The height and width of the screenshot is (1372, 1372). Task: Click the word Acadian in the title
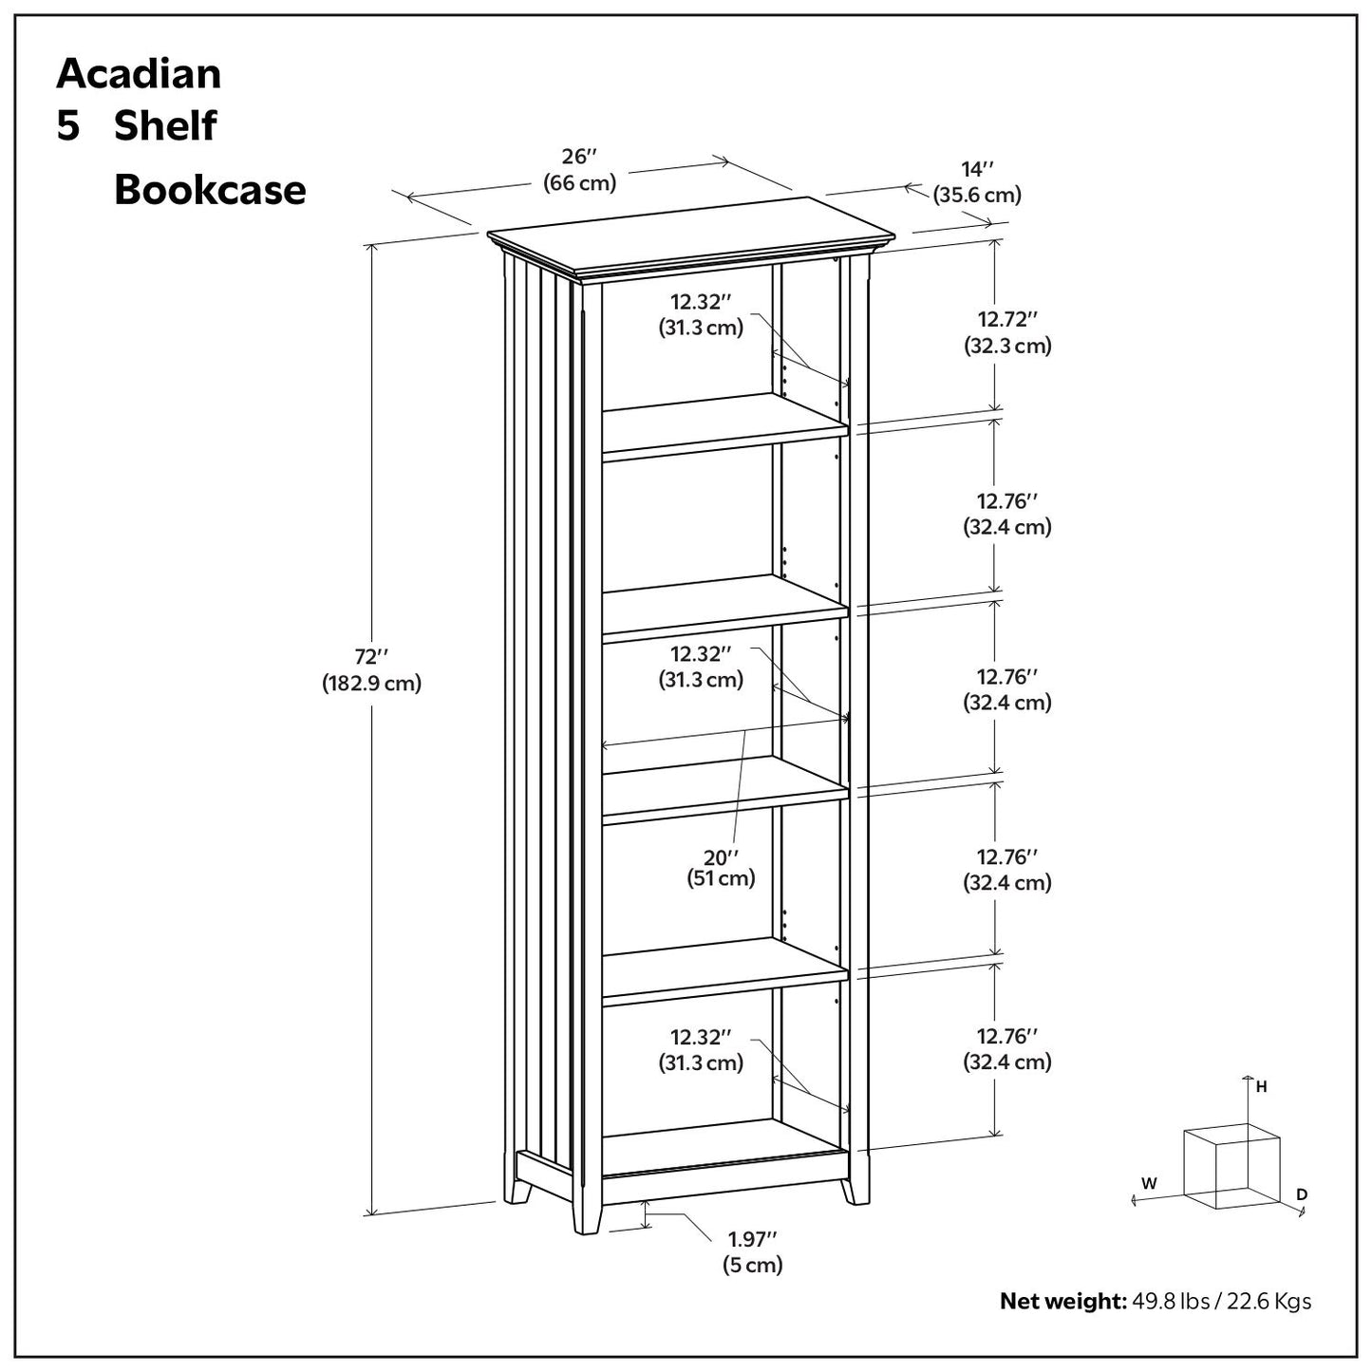tap(139, 74)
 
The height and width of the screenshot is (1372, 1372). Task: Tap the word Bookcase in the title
tap(210, 190)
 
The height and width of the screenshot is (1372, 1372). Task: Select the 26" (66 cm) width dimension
tap(579, 170)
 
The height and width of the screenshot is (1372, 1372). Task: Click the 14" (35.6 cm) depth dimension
tap(976, 182)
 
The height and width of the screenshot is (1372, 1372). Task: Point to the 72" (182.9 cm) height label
tap(371, 669)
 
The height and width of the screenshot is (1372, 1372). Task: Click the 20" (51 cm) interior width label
tap(721, 867)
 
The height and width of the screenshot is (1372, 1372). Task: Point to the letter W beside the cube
tap(1149, 1183)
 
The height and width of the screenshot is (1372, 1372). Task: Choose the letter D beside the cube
tap(1302, 1193)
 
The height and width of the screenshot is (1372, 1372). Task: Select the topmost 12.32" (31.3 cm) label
tap(701, 314)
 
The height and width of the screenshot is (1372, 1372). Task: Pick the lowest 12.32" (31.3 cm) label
tap(701, 1049)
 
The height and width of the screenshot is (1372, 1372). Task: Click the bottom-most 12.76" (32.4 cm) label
tap(1007, 1048)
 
